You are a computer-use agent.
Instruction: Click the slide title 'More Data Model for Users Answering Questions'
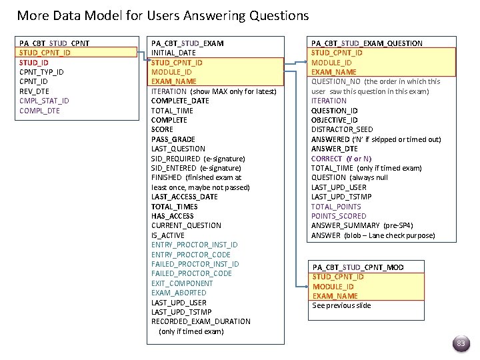click(x=163, y=15)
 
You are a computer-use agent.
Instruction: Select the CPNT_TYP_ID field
click(x=41, y=72)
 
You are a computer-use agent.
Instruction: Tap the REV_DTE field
click(x=35, y=91)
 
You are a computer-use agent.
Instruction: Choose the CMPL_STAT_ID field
click(x=44, y=101)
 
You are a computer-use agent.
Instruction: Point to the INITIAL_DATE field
click(x=173, y=53)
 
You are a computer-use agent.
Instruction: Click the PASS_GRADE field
click(x=172, y=139)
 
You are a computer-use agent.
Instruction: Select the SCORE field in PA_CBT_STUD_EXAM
click(x=162, y=129)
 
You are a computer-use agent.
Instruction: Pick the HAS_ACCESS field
click(x=173, y=216)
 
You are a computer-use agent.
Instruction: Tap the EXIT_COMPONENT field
click(x=182, y=283)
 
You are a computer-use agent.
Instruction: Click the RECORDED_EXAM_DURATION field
click(x=201, y=321)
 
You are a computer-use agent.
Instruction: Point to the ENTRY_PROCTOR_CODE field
click(x=191, y=255)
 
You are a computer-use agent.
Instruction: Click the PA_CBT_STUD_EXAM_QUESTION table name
click(x=367, y=43)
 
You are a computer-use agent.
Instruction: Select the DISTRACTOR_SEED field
click(x=342, y=129)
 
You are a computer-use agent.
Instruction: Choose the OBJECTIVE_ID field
click(x=334, y=120)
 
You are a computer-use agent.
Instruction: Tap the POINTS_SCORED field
click(x=339, y=216)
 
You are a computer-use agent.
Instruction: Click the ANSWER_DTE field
click(x=335, y=149)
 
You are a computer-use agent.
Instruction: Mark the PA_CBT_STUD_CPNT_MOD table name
click(x=358, y=267)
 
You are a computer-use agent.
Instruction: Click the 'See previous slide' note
click(x=341, y=305)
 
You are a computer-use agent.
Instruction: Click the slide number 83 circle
click(x=460, y=343)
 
